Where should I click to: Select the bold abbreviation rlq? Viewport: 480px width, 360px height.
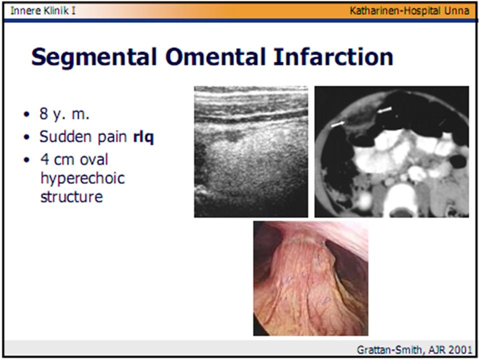point(143,137)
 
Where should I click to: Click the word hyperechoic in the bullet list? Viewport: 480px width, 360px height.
point(82,178)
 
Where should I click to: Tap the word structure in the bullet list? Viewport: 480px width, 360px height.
point(71,196)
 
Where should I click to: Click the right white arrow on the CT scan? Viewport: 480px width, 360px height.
point(384,108)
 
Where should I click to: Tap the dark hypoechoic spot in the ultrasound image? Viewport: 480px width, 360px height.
point(232,135)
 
